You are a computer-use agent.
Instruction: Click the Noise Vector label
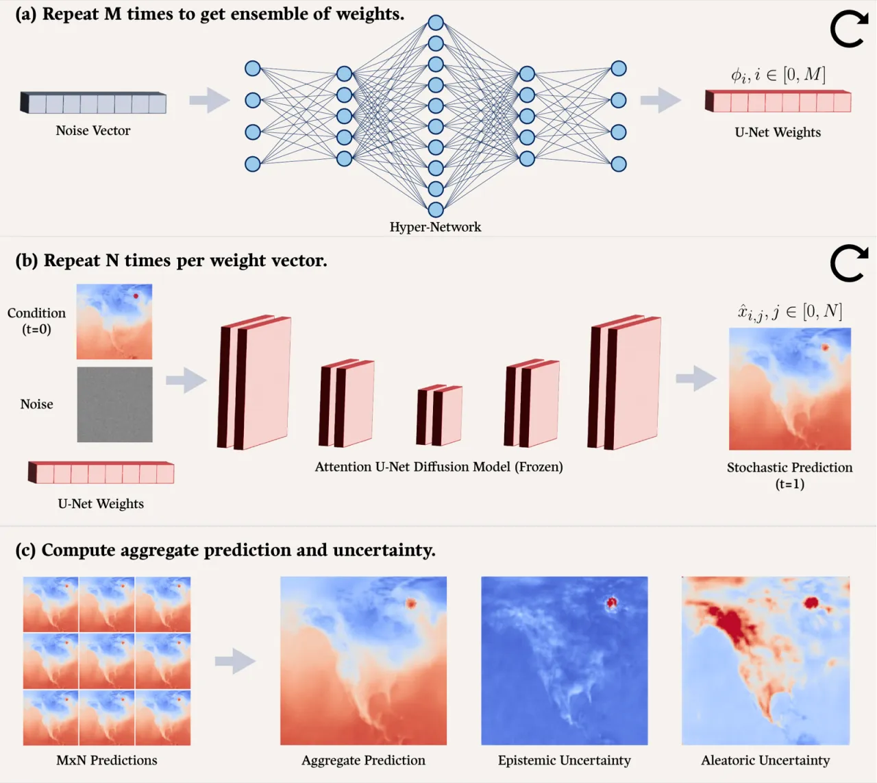point(92,130)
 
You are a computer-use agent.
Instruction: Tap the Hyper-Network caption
point(435,227)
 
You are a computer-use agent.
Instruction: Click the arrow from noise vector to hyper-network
point(210,100)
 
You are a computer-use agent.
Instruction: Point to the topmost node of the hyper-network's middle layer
point(436,23)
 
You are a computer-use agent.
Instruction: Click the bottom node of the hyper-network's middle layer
point(436,210)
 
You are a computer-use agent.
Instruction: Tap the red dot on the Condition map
point(136,296)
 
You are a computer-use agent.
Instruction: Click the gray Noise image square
point(114,405)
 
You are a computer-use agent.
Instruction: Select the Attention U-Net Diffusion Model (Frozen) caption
point(438,467)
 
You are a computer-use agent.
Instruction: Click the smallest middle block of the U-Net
point(439,415)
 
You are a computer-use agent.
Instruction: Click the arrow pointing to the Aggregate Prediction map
point(236,661)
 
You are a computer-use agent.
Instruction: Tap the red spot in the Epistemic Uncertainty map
point(611,602)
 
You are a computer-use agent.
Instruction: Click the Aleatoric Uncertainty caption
point(765,760)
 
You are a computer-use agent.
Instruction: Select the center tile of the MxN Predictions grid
point(106,661)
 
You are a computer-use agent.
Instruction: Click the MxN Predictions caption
point(106,760)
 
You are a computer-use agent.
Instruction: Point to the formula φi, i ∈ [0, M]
point(778,75)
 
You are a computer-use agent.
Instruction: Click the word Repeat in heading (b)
point(71,261)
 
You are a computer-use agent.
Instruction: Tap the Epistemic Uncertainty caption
point(564,760)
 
